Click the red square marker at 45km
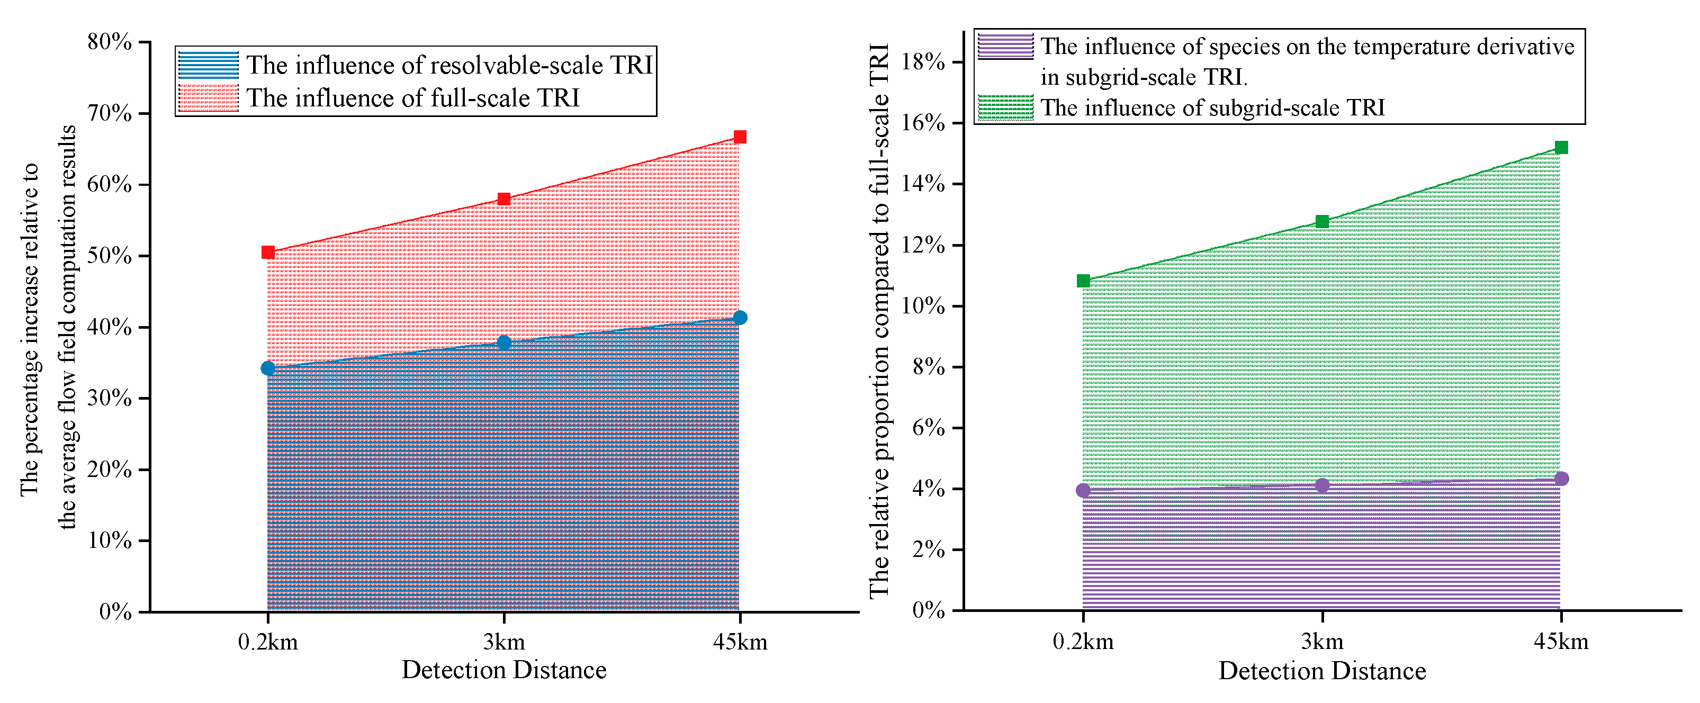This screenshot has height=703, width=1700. pyautogui.click(x=740, y=137)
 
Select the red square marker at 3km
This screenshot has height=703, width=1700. pyautogui.click(x=503, y=199)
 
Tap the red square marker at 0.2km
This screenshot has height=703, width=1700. pyautogui.click(x=267, y=252)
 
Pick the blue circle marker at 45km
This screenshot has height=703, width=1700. pyautogui.click(x=740, y=318)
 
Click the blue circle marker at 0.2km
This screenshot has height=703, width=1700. pyautogui.click(x=267, y=368)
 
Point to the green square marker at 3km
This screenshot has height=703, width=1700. pyautogui.click(x=1322, y=221)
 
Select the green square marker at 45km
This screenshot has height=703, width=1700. pyautogui.click(x=1561, y=147)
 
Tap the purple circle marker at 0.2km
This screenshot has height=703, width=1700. pyautogui.click(x=1083, y=490)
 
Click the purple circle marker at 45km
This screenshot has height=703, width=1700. pyautogui.click(x=1561, y=479)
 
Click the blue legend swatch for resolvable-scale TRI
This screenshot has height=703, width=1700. pyautogui.click(x=208, y=65)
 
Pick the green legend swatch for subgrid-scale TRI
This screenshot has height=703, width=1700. pyautogui.click(x=1005, y=107)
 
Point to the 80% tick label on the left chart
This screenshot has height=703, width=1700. pyautogui.click(x=110, y=42)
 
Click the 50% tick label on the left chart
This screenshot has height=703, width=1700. pyautogui.click(x=110, y=256)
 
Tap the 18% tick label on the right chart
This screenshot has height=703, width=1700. pyautogui.click(x=923, y=62)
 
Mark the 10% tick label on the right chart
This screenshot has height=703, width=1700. pyautogui.click(x=923, y=307)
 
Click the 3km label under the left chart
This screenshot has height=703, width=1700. pyautogui.click(x=503, y=642)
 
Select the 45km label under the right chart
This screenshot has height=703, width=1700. pyautogui.click(x=1561, y=641)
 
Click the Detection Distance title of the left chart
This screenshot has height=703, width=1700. pyautogui.click(x=503, y=670)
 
